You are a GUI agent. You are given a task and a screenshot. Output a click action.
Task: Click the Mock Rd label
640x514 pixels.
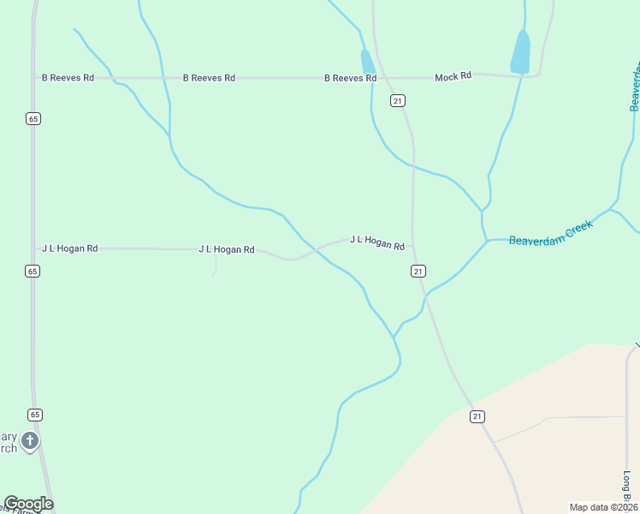453,77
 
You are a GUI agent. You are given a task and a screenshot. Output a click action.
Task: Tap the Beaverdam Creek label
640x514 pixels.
550,233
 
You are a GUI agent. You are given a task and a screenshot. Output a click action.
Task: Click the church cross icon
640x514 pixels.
29,441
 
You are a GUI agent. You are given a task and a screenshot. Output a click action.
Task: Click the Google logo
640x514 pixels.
28,504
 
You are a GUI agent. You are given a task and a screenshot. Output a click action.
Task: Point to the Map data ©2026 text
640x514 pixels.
603,507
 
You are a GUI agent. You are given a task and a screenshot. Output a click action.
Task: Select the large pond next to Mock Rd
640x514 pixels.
520,52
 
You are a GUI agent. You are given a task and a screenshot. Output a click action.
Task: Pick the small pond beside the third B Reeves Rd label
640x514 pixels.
367,62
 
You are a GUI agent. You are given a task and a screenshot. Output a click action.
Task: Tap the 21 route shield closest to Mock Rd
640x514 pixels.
397,101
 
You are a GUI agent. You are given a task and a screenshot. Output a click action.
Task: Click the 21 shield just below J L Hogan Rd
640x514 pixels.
418,271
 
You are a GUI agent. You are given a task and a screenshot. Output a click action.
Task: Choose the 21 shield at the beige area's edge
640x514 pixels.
477,416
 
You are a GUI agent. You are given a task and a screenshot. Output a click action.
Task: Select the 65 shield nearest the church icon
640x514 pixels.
33,415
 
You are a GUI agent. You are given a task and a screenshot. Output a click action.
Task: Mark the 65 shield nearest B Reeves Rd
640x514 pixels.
33,119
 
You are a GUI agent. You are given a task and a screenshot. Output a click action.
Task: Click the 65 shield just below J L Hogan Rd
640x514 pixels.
33,271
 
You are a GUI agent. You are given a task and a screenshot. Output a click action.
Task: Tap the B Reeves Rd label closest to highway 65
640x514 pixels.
68,78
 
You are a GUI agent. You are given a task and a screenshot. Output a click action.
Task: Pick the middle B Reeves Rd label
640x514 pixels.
209,78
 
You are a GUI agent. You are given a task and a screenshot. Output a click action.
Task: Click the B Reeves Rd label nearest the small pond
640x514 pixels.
350,78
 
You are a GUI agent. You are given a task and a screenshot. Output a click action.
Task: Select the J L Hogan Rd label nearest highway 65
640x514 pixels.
69,248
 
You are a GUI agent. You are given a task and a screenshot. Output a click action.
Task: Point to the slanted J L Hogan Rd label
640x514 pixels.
376,242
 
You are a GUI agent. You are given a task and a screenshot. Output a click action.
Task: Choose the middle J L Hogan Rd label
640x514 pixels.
226,249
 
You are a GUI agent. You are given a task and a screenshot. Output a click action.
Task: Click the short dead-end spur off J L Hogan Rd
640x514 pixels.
214,266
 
